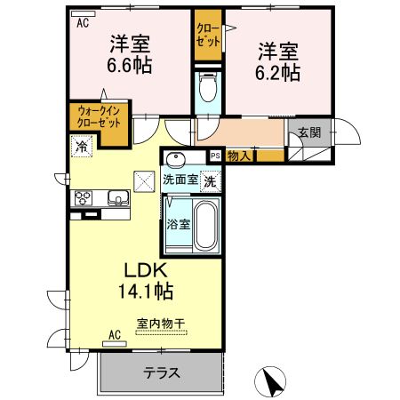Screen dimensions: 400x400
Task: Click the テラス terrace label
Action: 163,374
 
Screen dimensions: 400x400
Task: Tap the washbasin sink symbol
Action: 175,160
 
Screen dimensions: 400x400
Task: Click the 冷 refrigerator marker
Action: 81,146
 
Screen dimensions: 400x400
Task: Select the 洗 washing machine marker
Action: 210,181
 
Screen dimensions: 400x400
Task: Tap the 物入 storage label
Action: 238,156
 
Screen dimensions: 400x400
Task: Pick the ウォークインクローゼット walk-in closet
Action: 100,116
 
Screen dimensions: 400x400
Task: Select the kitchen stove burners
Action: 83,197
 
